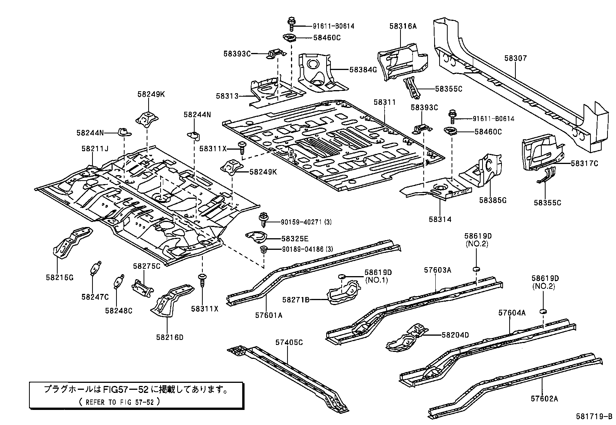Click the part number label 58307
pos(515,58)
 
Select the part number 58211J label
pos(95,148)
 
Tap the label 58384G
pos(363,70)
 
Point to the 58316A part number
pos(403,26)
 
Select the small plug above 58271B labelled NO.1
pos(342,276)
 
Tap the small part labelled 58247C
pos(96,268)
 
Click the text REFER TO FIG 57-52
pos(116,402)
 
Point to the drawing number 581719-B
pos(594,417)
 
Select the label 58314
pos(440,219)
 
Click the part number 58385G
pos(493,200)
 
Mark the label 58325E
pos(295,239)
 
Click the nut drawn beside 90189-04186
pos(264,249)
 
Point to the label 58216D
pos(170,337)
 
